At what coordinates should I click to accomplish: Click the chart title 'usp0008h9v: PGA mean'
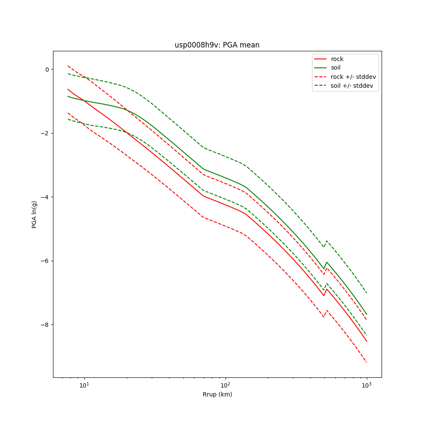[217, 45]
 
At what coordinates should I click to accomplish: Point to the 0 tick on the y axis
[47, 69]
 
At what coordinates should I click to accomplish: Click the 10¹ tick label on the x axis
[85, 385]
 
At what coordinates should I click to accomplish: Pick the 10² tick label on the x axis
[226, 385]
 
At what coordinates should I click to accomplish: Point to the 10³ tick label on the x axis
[366, 385]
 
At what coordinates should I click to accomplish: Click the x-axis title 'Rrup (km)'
[217, 394]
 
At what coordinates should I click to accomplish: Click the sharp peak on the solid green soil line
[326, 262]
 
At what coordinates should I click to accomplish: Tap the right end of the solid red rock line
[366, 341]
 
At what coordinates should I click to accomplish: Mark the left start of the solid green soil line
[68, 96]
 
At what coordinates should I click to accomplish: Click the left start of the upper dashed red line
[68, 66]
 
